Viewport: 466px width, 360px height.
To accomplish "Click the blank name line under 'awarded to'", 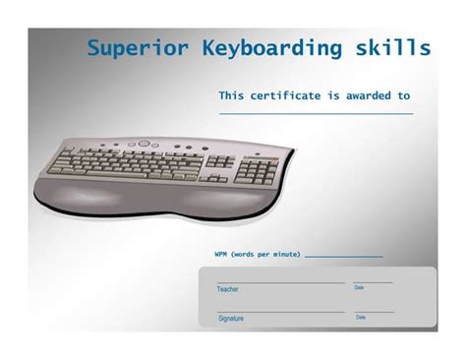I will pyautogui.click(x=315, y=114).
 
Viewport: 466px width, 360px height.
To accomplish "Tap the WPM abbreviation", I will pyautogui.click(x=221, y=255).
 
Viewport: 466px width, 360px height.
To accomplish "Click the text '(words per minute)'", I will pyautogui.click(x=266, y=255).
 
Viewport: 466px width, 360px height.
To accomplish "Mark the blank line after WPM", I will pyautogui.click(x=343, y=258).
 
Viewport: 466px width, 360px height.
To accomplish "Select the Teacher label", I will pyautogui.click(x=227, y=289).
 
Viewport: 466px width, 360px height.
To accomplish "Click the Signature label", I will pyautogui.click(x=231, y=319).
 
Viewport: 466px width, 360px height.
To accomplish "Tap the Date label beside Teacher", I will pyautogui.click(x=359, y=288).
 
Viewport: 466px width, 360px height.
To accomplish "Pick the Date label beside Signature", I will pyautogui.click(x=361, y=318).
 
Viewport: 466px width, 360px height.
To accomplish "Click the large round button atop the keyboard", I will pyautogui.click(x=144, y=144).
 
